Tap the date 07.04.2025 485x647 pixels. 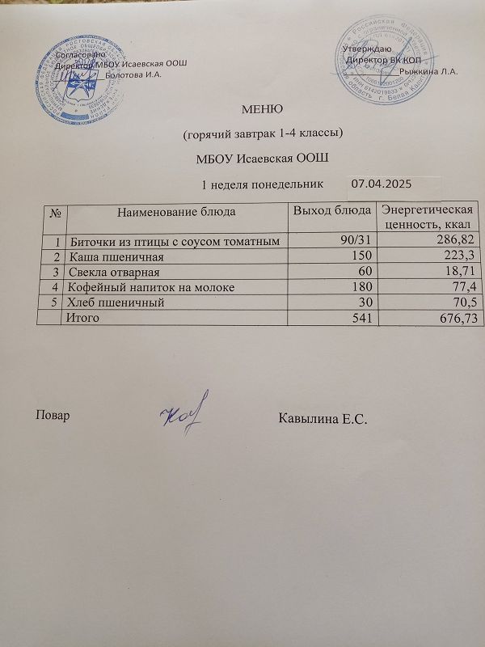coord(383,184)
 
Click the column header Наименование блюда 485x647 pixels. coord(177,213)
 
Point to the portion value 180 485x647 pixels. coord(361,287)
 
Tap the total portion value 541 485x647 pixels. coord(361,319)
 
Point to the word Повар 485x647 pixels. coord(52,416)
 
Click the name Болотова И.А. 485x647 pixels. coord(135,75)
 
